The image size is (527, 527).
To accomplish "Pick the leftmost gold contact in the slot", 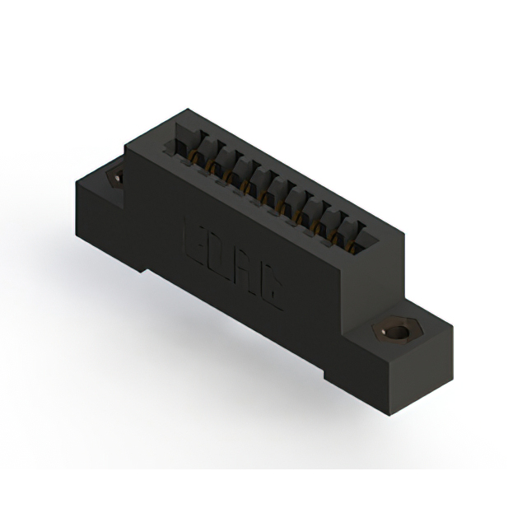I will click(x=196, y=156).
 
